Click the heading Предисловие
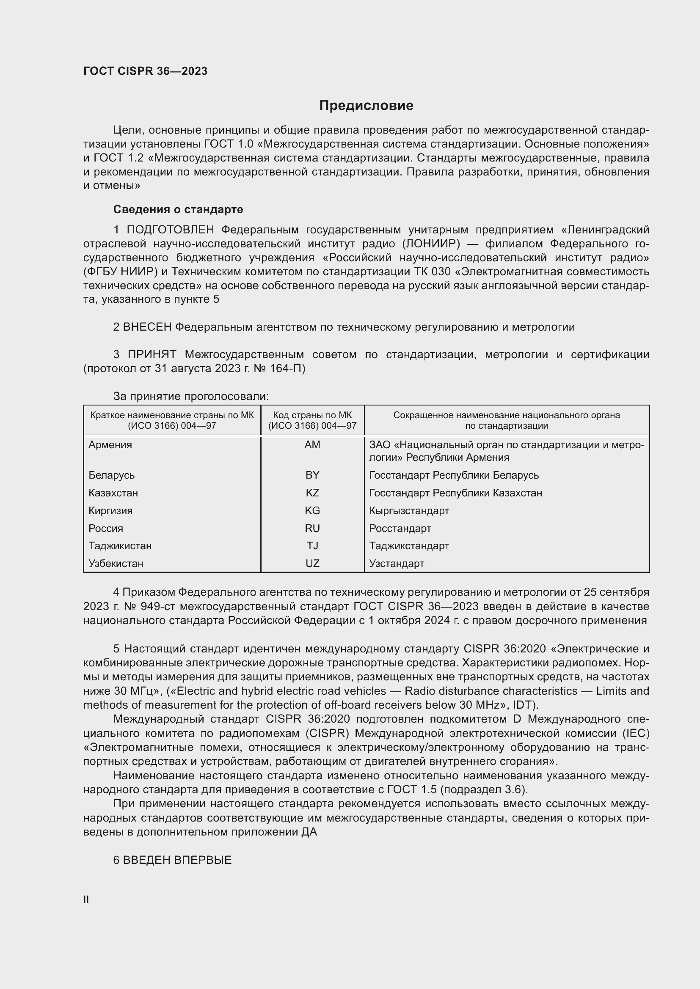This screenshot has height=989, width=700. (366, 106)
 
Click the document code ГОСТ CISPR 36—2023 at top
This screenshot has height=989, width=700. (145, 71)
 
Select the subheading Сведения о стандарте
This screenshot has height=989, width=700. (178, 209)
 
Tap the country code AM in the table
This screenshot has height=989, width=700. (312, 444)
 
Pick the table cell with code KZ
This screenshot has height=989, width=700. (312, 493)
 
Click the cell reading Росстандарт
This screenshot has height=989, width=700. (400, 528)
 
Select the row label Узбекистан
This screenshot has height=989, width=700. (116, 563)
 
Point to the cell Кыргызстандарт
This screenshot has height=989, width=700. (409, 510)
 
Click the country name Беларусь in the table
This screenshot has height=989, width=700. (111, 475)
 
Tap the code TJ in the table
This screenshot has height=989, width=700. (312, 546)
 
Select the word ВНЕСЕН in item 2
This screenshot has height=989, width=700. (147, 327)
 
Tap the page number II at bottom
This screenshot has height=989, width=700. (86, 899)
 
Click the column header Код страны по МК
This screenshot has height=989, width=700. (312, 415)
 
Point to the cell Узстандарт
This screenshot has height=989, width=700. (397, 563)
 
